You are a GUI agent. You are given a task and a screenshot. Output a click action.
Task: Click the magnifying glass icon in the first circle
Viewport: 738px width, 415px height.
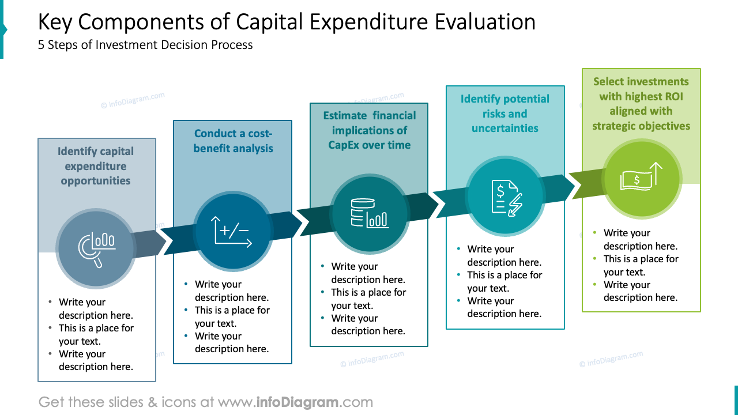pyautogui.click(x=96, y=248)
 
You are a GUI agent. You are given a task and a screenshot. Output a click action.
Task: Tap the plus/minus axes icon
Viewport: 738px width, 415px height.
pyautogui.click(x=232, y=231)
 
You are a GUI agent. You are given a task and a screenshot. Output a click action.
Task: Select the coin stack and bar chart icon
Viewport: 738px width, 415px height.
pyautogui.click(x=369, y=213)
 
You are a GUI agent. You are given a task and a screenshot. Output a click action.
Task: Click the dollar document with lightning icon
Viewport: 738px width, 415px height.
pyautogui.click(x=505, y=197)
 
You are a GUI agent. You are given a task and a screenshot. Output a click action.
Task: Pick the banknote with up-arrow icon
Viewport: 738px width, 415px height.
pyautogui.click(x=641, y=177)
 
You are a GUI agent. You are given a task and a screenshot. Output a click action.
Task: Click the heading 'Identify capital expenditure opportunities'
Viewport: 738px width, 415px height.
pyautogui.click(x=96, y=166)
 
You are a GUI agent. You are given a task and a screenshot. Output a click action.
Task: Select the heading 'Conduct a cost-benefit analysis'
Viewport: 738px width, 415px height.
pyautogui.click(x=233, y=141)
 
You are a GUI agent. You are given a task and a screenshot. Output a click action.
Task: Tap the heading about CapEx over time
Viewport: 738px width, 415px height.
pyautogui.click(x=369, y=130)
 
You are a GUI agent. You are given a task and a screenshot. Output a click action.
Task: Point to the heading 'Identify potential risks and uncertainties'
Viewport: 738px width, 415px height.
pyautogui.click(x=505, y=114)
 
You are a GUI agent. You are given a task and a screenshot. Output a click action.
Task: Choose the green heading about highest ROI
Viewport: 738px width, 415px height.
pyautogui.click(x=641, y=104)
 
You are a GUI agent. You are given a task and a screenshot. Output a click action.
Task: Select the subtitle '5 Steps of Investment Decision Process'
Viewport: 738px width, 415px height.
pyautogui.click(x=145, y=45)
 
